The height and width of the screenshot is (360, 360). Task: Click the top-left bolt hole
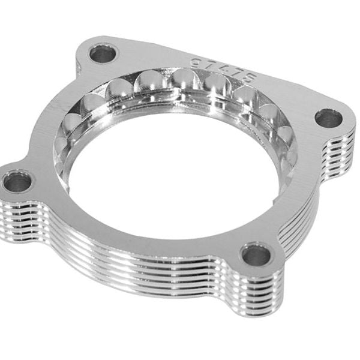103,54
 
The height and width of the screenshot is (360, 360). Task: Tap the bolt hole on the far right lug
328,118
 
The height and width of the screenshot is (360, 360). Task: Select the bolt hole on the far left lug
17,181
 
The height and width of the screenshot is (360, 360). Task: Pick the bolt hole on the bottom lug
256,254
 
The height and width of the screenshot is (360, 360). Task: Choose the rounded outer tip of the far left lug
3,180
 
